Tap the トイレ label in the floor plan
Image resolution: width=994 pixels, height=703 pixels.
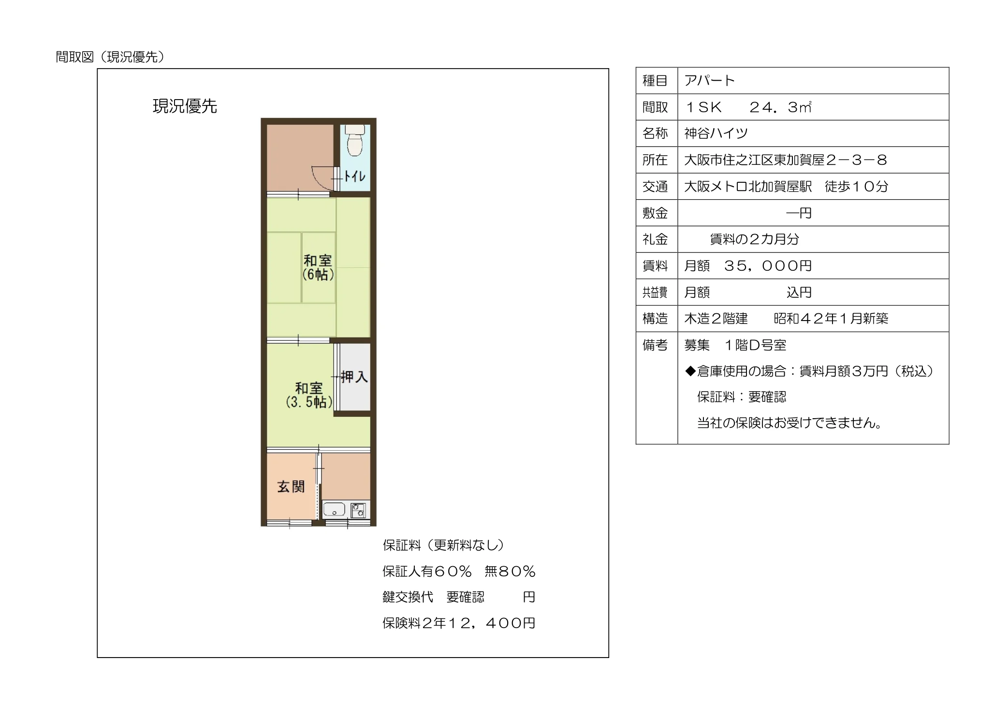(354, 176)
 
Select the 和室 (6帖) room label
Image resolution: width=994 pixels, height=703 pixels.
(318, 267)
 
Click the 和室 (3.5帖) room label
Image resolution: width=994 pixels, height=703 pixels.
(309, 395)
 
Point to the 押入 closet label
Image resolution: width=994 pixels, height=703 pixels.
(354, 377)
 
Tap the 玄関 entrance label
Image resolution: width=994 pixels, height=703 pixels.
(291, 486)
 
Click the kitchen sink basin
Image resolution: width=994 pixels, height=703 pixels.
(334, 510)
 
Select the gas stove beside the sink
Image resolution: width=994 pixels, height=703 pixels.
(358, 511)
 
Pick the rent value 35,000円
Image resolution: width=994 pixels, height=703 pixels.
(768, 265)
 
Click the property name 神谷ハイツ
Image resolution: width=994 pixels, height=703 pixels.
(716, 133)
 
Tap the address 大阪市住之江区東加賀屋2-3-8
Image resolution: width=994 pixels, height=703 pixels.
(786, 160)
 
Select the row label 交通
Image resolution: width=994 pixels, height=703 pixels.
(655, 186)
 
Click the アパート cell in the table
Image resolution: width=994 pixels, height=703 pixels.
(710, 80)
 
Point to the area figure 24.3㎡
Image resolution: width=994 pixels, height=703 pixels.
(780, 107)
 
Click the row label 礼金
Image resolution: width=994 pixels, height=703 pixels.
(655, 239)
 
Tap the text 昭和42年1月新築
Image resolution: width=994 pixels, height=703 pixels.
(831, 318)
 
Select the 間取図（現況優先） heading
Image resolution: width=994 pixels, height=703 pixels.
(110, 57)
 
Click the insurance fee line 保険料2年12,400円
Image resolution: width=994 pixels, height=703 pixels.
(459, 623)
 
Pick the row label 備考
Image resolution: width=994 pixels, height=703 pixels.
(655, 345)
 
